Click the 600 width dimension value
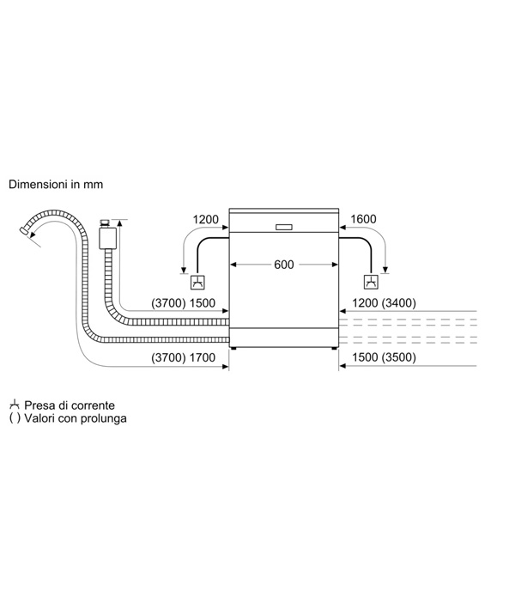point(284,265)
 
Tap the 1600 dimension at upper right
point(363,219)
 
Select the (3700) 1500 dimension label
point(183,303)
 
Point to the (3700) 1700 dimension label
point(183,357)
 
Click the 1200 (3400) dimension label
point(384,303)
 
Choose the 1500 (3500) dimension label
point(384,357)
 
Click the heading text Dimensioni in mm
point(56,185)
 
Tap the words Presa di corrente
point(70,405)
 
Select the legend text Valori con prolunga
point(76,418)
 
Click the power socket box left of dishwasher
point(197,282)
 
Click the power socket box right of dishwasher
point(371,282)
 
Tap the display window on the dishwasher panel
point(284,228)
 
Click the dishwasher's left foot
point(234,348)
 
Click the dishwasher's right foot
point(334,348)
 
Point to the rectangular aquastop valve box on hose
point(108,238)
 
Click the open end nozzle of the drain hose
point(24,230)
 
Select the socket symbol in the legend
point(14,405)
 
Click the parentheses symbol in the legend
point(15,418)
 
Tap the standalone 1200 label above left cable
point(206,219)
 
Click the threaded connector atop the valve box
point(105,223)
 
